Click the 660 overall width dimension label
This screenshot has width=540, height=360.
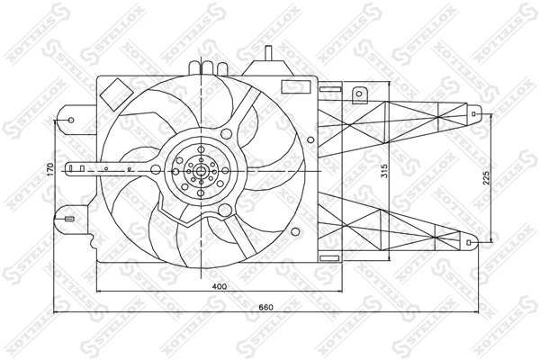(x=265, y=307)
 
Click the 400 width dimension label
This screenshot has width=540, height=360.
(x=220, y=286)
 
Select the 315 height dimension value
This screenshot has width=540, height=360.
(x=384, y=171)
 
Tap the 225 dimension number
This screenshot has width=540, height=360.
(x=486, y=178)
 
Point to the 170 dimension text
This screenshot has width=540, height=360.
(x=50, y=169)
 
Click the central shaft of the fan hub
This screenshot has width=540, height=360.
(x=201, y=171)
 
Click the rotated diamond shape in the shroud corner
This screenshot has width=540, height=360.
(x=116, y=94)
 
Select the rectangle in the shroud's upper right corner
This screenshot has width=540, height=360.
(x=296, y=86)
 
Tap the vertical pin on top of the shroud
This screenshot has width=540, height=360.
(x=269, y=53)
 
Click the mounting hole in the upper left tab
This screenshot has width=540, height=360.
(x=71, y=120)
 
